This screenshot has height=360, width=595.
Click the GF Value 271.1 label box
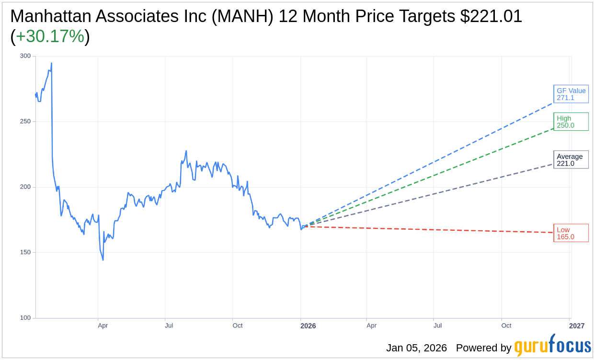tap(571, 94)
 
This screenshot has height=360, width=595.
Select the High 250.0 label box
tap(571, 122)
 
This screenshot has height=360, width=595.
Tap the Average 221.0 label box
tap(571, 160)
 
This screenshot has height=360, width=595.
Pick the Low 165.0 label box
tap(571, 233)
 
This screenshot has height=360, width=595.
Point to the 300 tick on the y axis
tap(25, 56)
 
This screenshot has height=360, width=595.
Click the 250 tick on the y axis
tap(25, 122)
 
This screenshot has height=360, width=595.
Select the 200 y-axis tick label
tap(25, 187)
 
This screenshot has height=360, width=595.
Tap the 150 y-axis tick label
tap(25, 252)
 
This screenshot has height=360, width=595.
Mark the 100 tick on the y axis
tap(25, 318)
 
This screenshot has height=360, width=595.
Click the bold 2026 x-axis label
tap(308, 326)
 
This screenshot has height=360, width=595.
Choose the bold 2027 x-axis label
tap(577, 326)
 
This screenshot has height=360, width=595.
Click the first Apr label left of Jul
tap(103, 326)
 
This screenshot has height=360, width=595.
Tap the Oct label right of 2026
tap(506, 326)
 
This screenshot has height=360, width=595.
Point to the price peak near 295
tap(51, 63)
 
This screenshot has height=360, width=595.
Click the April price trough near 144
tap(103, 260)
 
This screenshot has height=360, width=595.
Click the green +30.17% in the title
tap(50, 36)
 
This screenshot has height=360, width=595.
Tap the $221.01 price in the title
tap(491, 16)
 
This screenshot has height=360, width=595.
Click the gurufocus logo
tap(552, 346)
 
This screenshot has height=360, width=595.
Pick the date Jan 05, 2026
tap(416, 348)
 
